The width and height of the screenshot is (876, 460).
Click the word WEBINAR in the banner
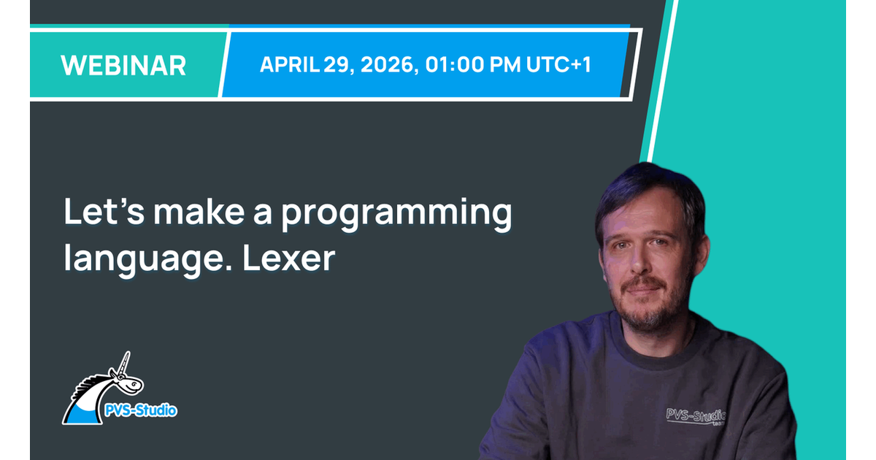(x=123, y=65)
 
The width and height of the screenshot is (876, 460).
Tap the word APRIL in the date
(x=290, y=64)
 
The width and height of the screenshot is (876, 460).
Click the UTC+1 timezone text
(x=558, y=64)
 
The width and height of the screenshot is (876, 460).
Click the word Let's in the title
(x=104, y=212)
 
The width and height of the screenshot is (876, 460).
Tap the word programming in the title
(x=396, y=215)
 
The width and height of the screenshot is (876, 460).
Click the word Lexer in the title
(x=288, y=258)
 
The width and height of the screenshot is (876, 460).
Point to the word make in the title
(x=199, y=212)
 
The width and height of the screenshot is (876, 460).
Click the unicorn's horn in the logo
(x=124, y=364)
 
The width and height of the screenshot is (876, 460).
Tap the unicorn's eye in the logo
(x=134, y=384)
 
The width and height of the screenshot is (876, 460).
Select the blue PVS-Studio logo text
(x=141, y=410)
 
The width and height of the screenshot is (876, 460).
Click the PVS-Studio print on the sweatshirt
(x=696, y=416)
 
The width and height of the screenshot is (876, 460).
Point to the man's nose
(x=638, y=260)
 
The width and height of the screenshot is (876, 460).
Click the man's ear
(x=701, y=253)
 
